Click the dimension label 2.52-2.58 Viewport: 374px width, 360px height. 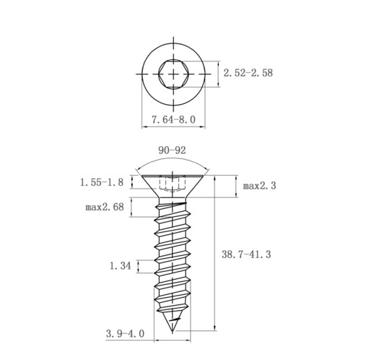click(x=248, y=73)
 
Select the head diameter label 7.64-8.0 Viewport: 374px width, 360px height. click(x=173, y=119)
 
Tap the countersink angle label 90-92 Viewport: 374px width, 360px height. click(x=172, y=150)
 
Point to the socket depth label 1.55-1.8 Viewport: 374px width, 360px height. click(x=102, y=182)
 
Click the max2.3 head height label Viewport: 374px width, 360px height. click(x=259, y=186)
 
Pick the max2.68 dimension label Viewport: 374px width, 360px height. click(x=105, y=207)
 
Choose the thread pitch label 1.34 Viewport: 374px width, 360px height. click(x=121, y=266)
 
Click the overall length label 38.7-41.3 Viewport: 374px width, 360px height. click(x=246, y=254)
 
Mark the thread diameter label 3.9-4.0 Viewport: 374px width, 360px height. click(x=125, y=334)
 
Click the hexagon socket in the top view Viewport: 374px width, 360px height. click(x=173, y=74)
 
